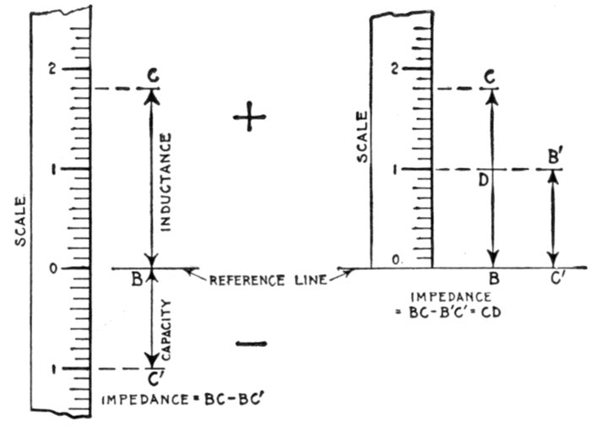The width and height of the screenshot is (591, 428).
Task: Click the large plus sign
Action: (x=250, y=120)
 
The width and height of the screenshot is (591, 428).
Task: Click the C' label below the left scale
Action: (x=154, y=380)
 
